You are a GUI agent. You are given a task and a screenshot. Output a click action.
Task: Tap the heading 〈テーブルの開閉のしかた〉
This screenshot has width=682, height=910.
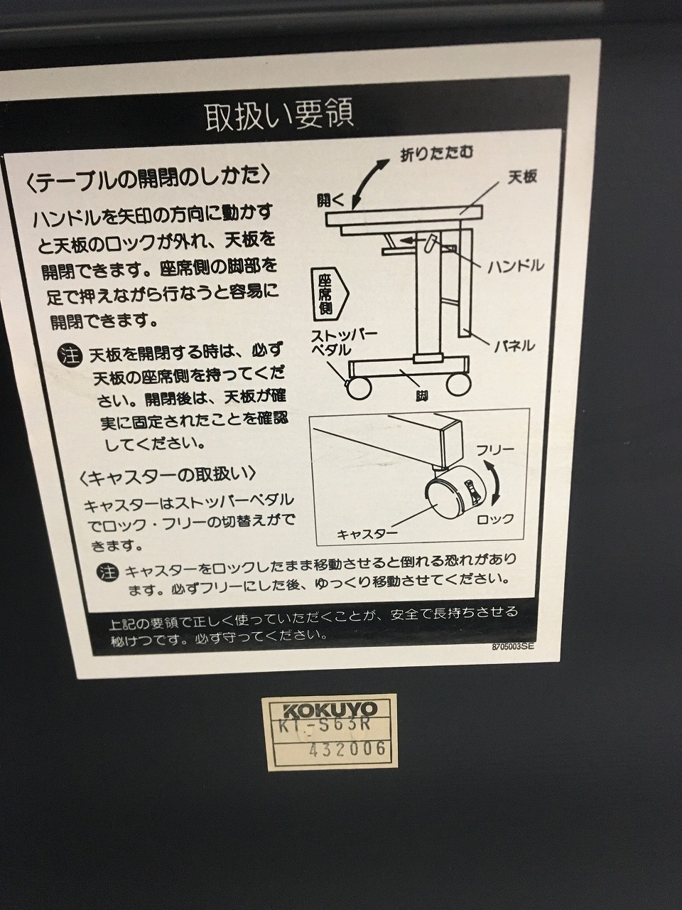(148, 179)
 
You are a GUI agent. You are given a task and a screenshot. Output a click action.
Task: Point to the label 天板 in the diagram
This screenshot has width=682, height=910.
(523, 177)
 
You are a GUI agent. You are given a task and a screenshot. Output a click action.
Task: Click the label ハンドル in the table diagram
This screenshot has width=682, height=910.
(515, 266)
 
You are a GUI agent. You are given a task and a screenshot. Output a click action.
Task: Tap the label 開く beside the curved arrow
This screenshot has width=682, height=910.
(330, 200)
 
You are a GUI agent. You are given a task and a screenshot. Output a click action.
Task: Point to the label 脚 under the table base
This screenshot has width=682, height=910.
(421, 396)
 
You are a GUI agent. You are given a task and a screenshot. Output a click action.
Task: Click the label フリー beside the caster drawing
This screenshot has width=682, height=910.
(494, 450)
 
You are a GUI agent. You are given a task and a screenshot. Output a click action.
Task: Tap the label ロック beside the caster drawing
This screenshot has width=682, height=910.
(495, 519)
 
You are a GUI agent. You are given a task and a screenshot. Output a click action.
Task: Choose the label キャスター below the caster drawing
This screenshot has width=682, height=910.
(367, 534)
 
